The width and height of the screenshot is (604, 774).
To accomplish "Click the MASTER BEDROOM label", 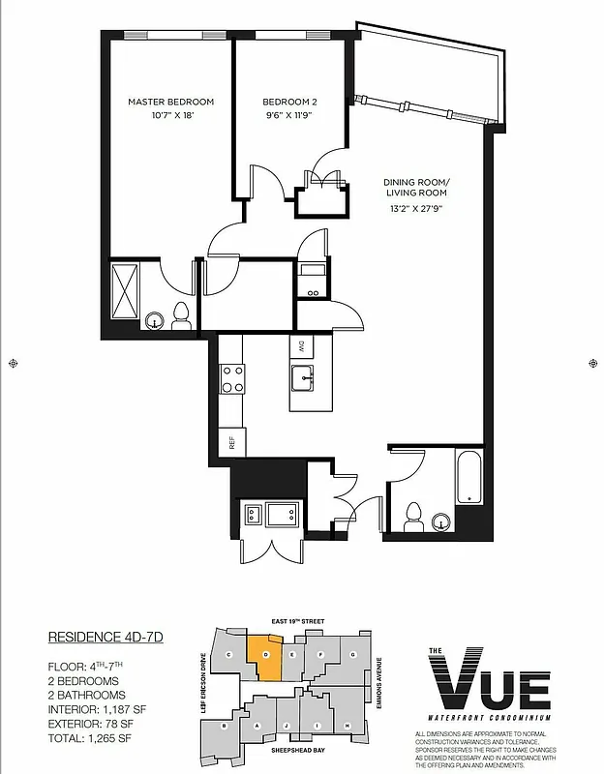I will coord(170,102).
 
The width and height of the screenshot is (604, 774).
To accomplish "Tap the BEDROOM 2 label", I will coord(289,102).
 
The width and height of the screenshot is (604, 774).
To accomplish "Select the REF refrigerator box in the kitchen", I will coord(232,443).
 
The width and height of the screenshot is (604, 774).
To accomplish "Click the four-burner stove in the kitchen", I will coord(232,377).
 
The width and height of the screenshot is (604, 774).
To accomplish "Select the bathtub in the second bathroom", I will coord(468,478).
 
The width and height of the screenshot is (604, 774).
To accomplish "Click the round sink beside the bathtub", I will coord(442,522).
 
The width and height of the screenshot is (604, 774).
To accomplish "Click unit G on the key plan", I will coord(353,655).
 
